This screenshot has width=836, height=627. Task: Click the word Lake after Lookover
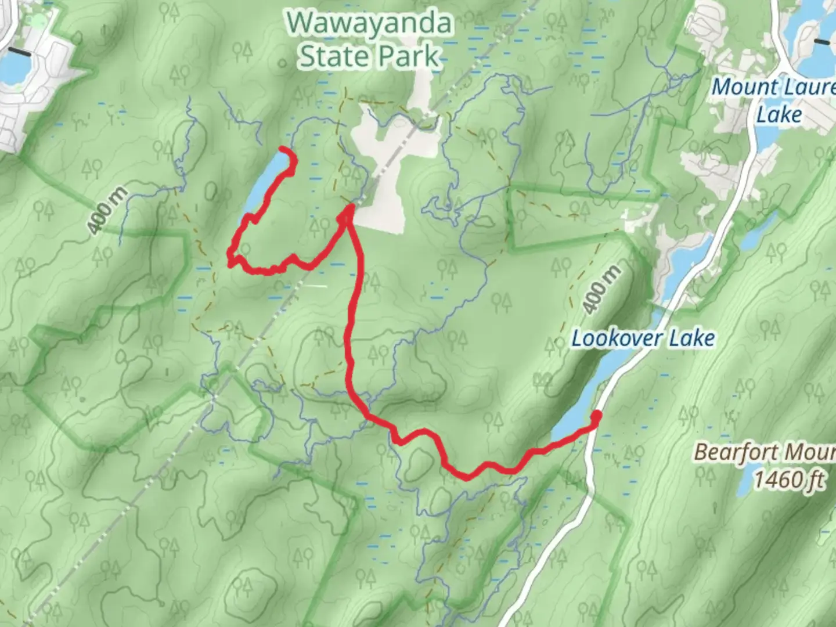691,338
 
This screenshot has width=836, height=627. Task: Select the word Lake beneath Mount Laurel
779,114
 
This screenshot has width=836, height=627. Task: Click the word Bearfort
729,452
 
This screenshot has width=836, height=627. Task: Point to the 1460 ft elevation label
788,480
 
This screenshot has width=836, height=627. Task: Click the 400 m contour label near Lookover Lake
601,290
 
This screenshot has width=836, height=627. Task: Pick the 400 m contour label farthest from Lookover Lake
107,211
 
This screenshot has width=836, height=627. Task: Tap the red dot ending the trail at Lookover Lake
596,415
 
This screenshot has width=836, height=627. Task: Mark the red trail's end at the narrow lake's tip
282,150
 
